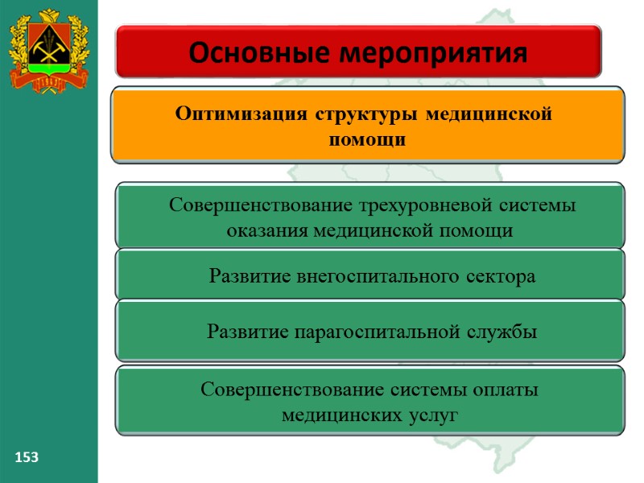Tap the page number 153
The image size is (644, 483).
click(x=27, y=457)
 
